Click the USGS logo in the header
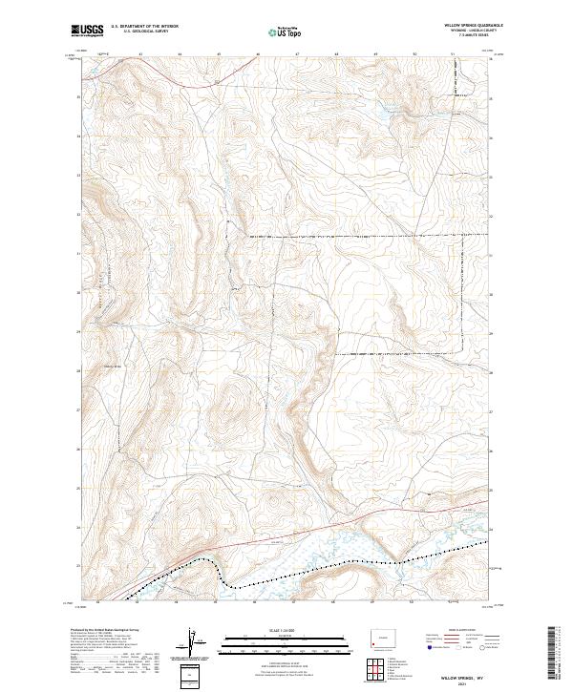click(x=87, y=31)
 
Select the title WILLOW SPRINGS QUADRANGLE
click(x=474, y=25)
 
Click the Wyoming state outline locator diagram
click(x=383, y=633)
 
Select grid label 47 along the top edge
click(x=296, y=54)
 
